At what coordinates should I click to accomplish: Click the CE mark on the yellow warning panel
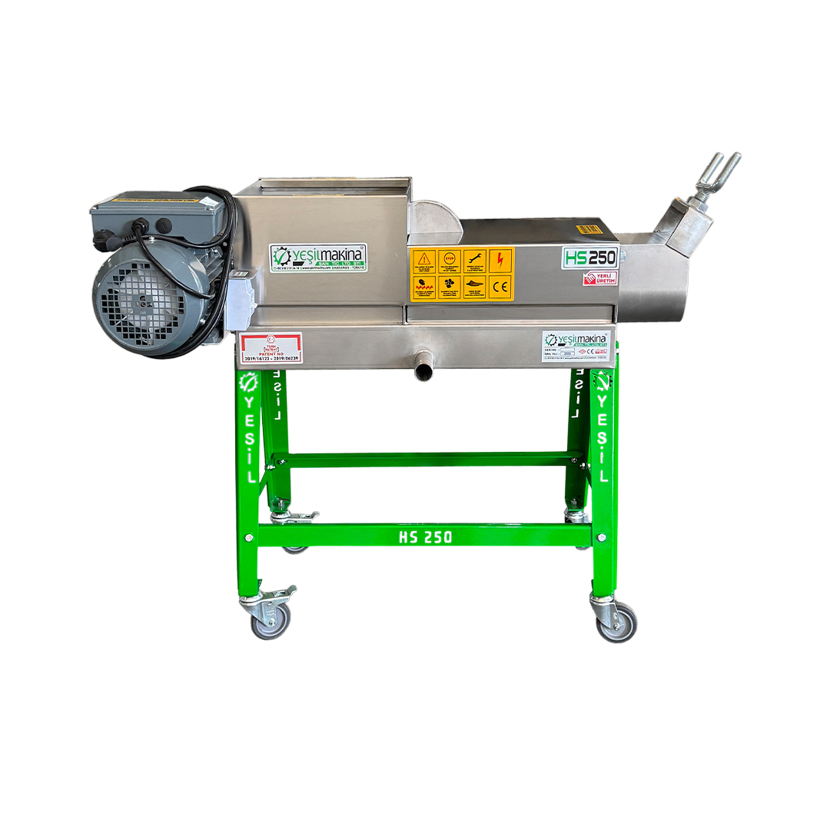coord(500,287)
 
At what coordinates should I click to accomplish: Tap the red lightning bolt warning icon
coord(500,260)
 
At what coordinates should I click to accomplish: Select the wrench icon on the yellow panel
coord(475,260)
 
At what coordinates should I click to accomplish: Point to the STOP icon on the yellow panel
coord(450,260)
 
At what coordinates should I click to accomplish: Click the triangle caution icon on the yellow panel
coord(424,260)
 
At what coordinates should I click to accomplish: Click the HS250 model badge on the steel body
coord(589,257)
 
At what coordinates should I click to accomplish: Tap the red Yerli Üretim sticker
coord(599,278)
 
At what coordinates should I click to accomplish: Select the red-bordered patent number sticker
coord(271,348)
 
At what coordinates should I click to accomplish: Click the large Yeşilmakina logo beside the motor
coord(318,257)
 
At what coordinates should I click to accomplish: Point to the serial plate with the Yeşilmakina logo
coord(576,347)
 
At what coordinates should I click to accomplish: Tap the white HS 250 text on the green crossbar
coord(425,536)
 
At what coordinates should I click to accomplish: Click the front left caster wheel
coord(272,619)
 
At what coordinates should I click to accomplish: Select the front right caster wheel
coord(617,621)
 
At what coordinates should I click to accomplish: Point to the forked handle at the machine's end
coord(715,178)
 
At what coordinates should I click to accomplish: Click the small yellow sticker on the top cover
coord(589,228)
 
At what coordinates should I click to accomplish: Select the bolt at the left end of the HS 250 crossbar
coord(248,536)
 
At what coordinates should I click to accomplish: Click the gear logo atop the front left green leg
coord(248,383)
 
